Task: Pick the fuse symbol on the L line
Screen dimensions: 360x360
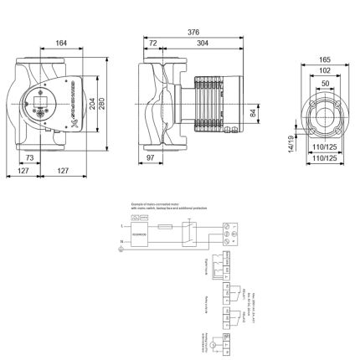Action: click(x=167, y=227)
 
